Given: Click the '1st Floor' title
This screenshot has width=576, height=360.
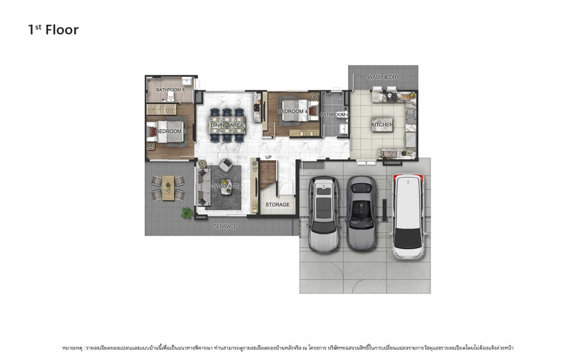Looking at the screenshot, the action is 53,30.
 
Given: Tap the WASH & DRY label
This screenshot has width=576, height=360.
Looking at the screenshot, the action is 383,77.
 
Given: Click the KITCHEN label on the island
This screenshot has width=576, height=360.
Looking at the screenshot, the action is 382,125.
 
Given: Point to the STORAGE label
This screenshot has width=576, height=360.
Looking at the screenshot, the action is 278,205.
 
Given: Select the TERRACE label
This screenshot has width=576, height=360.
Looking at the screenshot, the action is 225,226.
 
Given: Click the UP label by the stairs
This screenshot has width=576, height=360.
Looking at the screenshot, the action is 269,157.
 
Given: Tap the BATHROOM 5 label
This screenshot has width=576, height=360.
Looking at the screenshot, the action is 171,90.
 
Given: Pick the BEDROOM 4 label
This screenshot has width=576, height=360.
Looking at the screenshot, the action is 293,112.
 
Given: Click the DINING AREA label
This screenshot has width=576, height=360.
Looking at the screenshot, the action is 227,125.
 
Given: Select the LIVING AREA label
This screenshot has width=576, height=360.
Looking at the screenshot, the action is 226,186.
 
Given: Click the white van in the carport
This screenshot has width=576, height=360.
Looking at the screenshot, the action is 408,216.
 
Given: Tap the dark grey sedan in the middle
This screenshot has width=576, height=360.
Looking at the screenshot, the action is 361,213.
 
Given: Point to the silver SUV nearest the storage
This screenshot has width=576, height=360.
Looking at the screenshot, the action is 324,214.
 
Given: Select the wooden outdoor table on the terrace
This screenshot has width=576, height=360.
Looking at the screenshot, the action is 168,188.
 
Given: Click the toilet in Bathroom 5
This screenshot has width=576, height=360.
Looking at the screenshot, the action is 170,96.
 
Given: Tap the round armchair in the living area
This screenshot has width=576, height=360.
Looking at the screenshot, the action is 225,165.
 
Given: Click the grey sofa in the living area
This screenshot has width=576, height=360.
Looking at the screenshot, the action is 204,187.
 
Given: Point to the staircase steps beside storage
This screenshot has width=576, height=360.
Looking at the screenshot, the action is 268,175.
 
